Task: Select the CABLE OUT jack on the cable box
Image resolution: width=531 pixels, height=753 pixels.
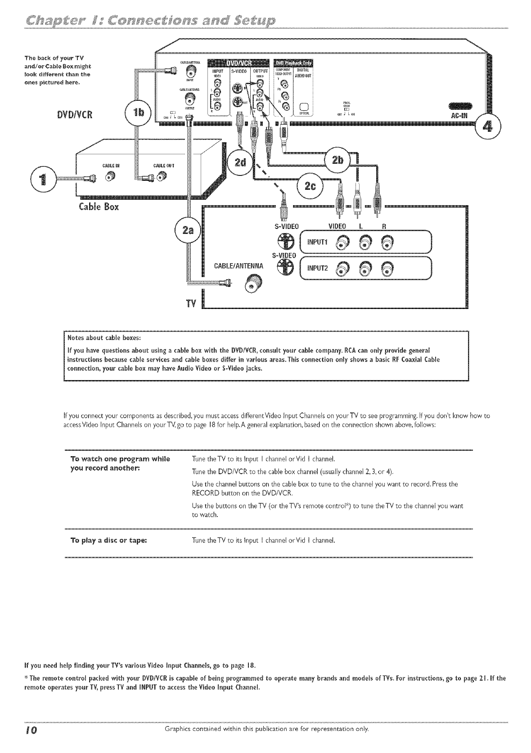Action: coord(161,178)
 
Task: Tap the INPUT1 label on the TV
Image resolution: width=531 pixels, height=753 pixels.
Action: coord(319,243)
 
